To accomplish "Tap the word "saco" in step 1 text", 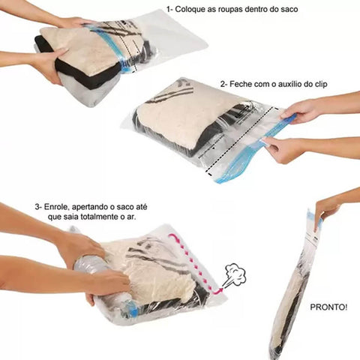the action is (x=289, y=10).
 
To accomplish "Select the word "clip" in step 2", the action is (x=319, y=85).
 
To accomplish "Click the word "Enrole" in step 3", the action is (x=57, y=207).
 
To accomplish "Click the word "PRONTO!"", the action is (x=328, y=307).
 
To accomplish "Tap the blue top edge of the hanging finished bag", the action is (x=314, y=217).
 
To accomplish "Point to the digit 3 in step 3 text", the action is (x=37, y=207).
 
